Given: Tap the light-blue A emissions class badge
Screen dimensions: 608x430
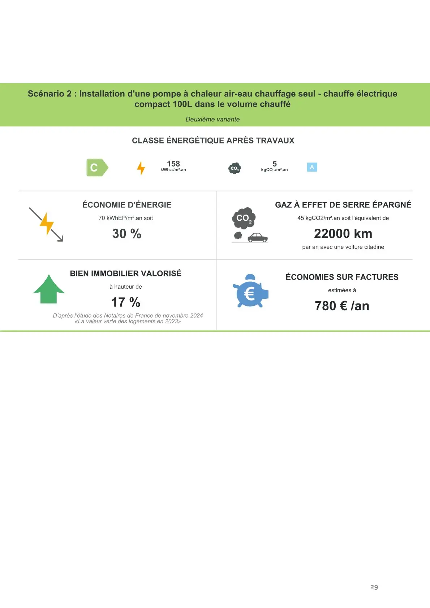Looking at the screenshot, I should [312, 167].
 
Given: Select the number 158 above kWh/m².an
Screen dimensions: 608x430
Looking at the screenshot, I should [173, 164].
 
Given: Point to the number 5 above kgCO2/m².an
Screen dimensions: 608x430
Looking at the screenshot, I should [275, 164].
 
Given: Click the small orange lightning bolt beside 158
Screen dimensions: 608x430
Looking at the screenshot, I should [141, 168].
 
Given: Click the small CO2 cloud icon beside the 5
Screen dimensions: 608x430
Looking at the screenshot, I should [235, 168].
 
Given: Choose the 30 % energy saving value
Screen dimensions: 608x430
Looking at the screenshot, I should [126, 234].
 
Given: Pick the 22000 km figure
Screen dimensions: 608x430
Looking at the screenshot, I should [343, 234].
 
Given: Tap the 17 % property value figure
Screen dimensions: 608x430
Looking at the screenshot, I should [126, 302].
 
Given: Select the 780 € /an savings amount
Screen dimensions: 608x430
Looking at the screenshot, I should [342, 306].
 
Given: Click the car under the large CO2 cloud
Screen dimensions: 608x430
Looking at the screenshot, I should [257, 237].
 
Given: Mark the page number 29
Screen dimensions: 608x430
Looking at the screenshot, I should [374, 587].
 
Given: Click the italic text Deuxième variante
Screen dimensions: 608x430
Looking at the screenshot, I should [212, 119].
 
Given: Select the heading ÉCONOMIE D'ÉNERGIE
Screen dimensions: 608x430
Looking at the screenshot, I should [126, 205].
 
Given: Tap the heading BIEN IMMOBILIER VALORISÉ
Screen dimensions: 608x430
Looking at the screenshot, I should [126, 273].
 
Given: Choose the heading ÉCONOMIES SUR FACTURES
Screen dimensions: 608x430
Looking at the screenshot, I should [342, 277].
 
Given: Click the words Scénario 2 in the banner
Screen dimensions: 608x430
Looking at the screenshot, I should [50, 94].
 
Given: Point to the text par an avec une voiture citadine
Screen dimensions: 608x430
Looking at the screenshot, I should [343, 247].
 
